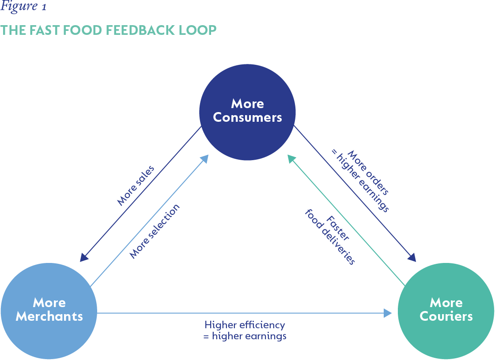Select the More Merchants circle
coord(49,310)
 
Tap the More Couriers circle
coord(446,310)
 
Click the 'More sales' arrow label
coord(136,185)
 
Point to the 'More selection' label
coord(155,232)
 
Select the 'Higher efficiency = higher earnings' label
coord(245,330)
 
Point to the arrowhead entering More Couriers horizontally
coord(388,313)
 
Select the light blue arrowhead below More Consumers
coord(204,159)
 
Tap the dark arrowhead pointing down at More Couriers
coord(412,257)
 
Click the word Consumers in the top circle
coord(247,118)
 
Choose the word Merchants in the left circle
coord(49,316)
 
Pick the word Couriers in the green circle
coord(446,316)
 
